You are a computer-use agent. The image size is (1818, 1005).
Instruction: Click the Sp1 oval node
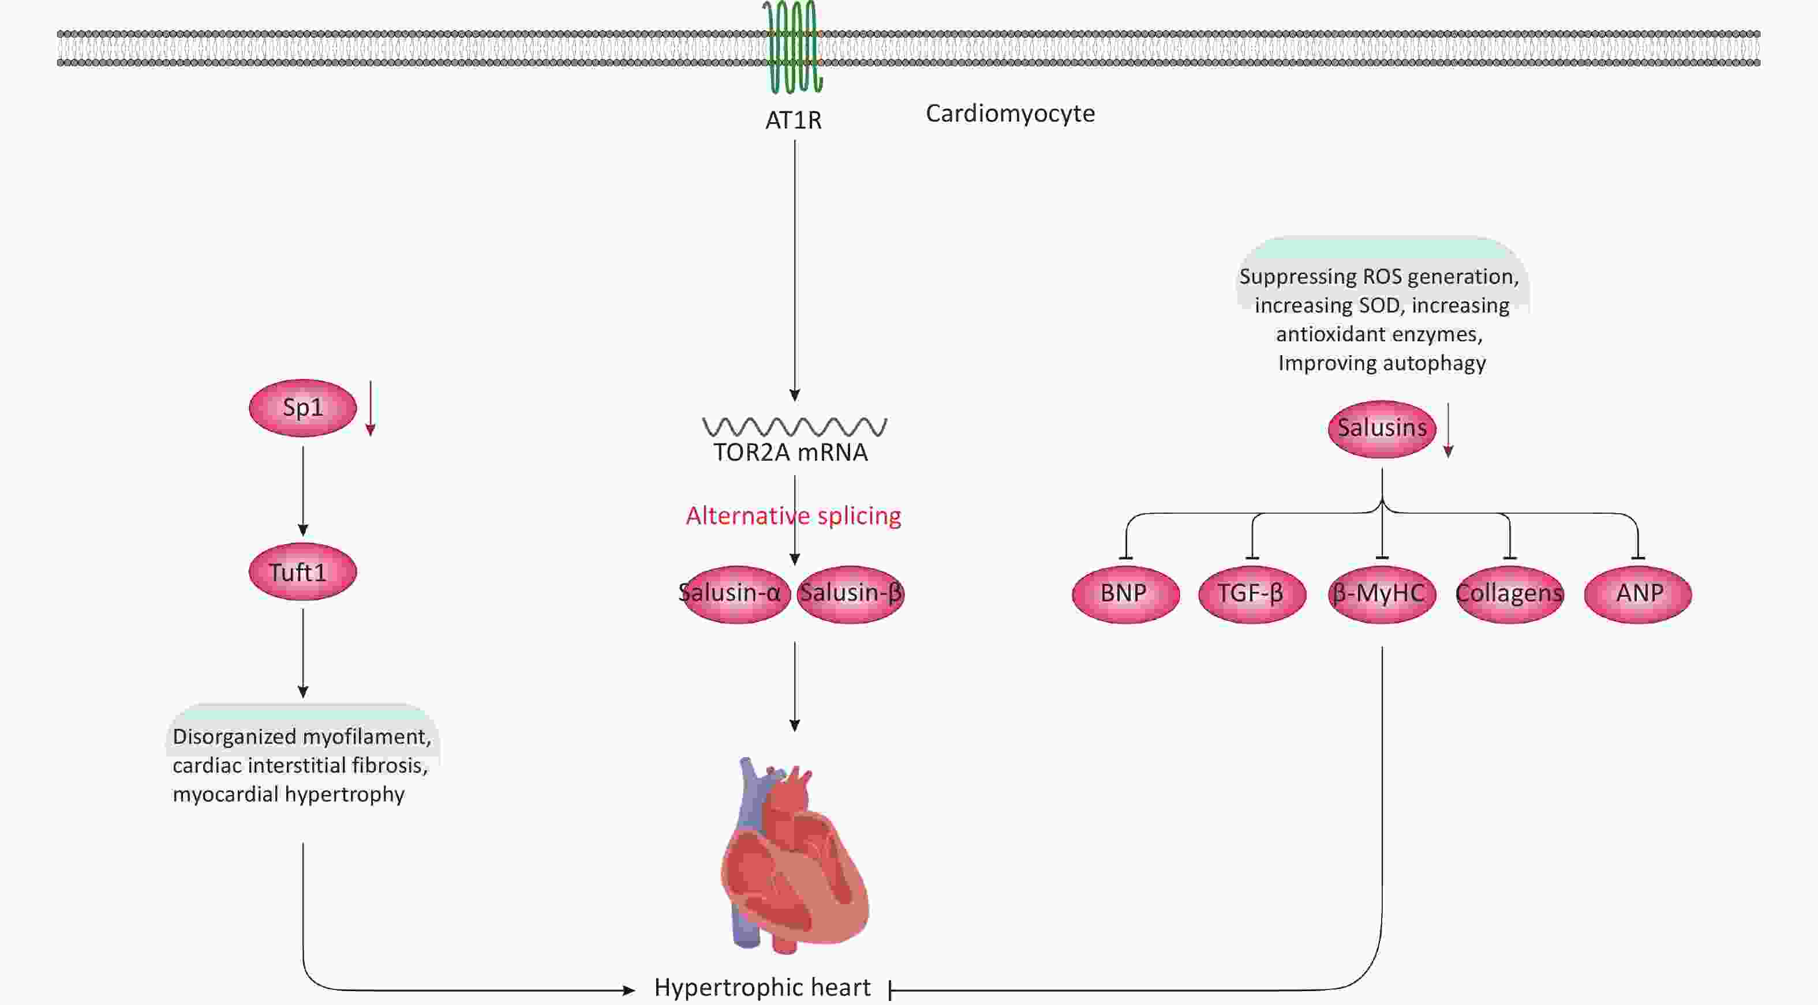click(303, 408)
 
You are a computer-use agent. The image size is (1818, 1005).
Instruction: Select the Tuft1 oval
click(303, 571)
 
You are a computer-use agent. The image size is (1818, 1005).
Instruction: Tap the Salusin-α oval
click(734, 593)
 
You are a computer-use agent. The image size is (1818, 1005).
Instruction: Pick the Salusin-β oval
click(851, 593)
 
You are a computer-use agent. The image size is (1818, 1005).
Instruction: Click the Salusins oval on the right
click(1382, 428)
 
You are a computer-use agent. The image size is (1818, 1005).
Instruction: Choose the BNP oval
click(1125, 593)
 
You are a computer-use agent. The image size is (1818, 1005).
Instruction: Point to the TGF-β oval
click(1252, 593)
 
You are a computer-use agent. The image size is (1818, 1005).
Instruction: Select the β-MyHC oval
click(1382, 593)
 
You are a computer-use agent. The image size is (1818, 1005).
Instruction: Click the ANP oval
click(1638, 593)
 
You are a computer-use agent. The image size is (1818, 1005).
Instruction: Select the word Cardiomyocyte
click(1010, 114)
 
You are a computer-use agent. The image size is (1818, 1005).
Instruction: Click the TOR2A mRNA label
click(791, 452)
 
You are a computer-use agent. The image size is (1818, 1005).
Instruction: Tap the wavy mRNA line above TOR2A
click(795, 426)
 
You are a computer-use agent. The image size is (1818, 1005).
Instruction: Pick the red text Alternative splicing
click(793, 515)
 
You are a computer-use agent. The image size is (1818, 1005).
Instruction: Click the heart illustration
click(794, 857)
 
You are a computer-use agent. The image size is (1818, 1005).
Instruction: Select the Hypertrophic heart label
click(762, 987)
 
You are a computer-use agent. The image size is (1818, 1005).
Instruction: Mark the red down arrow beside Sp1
click(371, 408)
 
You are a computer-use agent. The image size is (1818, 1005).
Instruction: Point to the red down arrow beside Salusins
click(1448, 430)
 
